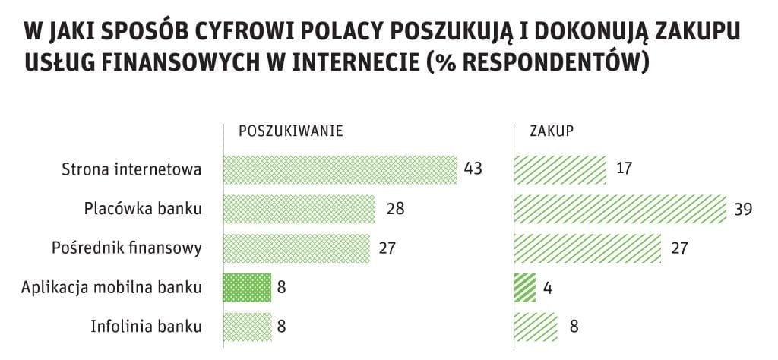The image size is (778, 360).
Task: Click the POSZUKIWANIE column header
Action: click(291, 130)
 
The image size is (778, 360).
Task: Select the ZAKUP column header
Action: click(551, 130)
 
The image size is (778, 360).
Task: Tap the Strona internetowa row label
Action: click(131, 169)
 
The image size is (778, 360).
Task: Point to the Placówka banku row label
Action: click(144, 208)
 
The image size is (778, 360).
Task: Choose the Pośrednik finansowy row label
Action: click(127, 248)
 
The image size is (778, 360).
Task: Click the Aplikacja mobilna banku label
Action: click(112, 288)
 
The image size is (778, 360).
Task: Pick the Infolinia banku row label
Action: click(146, 327)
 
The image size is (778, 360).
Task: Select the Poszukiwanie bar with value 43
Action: click(340, 169)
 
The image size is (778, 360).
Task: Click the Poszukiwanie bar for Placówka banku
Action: click(299, 209)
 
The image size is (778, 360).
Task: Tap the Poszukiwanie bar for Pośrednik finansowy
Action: click(296, 248)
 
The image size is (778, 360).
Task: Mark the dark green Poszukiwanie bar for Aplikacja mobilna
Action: click(247, 288)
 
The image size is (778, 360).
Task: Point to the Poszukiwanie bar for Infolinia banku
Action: click(247, 327)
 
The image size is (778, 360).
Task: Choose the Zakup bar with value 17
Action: click(561, 169)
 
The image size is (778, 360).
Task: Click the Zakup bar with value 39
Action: click(621, 209)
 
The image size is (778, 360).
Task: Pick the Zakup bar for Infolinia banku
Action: click(536, 327)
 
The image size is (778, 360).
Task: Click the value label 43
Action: click(473, 169)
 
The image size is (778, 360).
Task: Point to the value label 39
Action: click(742, 209)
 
